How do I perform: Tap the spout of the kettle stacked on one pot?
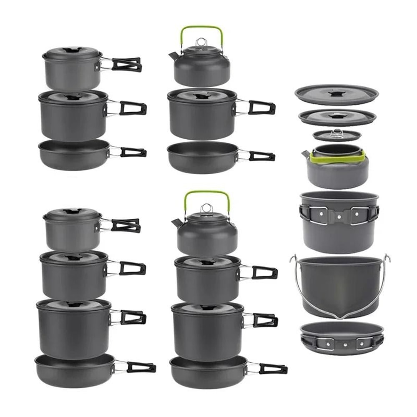pyautogui.click(x=172, y=55)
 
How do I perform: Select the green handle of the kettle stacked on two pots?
pyautogui.click(x=206, y=193)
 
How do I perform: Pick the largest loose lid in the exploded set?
pyautogui.click(x=336, y=94)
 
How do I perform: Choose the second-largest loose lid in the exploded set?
pyautogui.click(x=337, y=117)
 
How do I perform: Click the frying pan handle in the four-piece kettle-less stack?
pyautogui.click(x=141, y=367)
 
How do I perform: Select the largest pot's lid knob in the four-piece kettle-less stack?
pyautogui.click(x=74, y=304)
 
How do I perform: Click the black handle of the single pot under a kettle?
pyautogui.click(x=261, y=108)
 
